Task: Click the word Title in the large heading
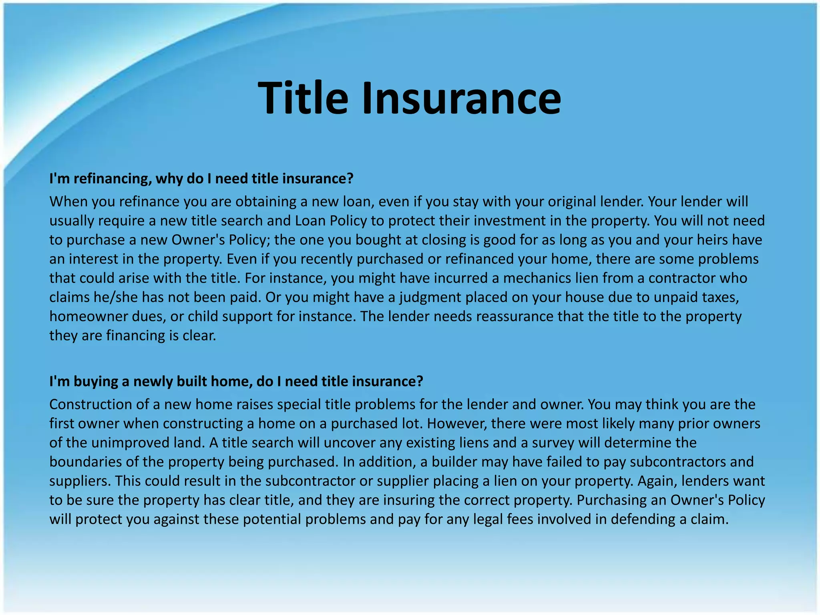(303, 98)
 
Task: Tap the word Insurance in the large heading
(461, 98)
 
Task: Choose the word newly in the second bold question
(152, 382)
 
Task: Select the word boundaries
(86, 462)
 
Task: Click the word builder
(454, 462)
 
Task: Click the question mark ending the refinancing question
(350, 179)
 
